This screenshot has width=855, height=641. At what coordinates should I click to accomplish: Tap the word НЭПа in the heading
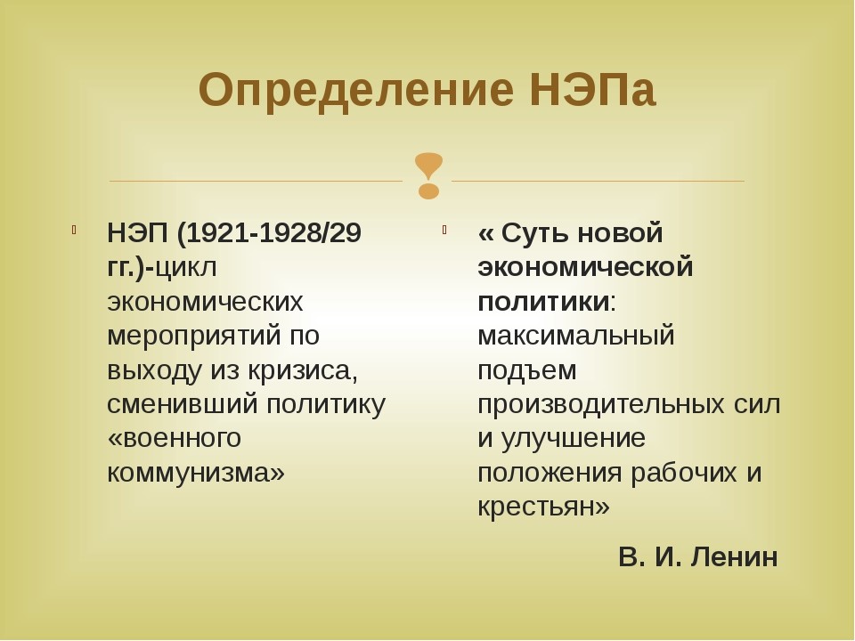click(x=592, y=89)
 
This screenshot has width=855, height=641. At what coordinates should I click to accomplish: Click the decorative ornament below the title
click(x=428, y=175)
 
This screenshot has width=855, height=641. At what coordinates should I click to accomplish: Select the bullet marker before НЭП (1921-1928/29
click(x=74, y=230)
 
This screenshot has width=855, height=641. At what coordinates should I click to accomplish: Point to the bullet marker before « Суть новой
click(x=444, y=230)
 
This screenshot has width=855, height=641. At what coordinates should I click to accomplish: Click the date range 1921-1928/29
click(x=269, y=233)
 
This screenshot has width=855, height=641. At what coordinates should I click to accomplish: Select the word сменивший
click(x=182, y=404)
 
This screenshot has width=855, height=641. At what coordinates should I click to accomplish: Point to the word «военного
click(x=175, y=438)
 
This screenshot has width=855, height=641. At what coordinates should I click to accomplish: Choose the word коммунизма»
click(x=196, y=473)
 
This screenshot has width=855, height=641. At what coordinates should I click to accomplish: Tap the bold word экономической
click(x=585, y=268)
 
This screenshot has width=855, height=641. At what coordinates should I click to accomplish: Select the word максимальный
click(x=576, y=336)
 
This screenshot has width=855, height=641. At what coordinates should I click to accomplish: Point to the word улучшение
click(x=573, y=439)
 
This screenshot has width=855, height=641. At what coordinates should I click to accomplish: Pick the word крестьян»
click(x=543, y=507)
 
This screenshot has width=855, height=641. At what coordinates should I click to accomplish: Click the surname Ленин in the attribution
click(x=734, y=557)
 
